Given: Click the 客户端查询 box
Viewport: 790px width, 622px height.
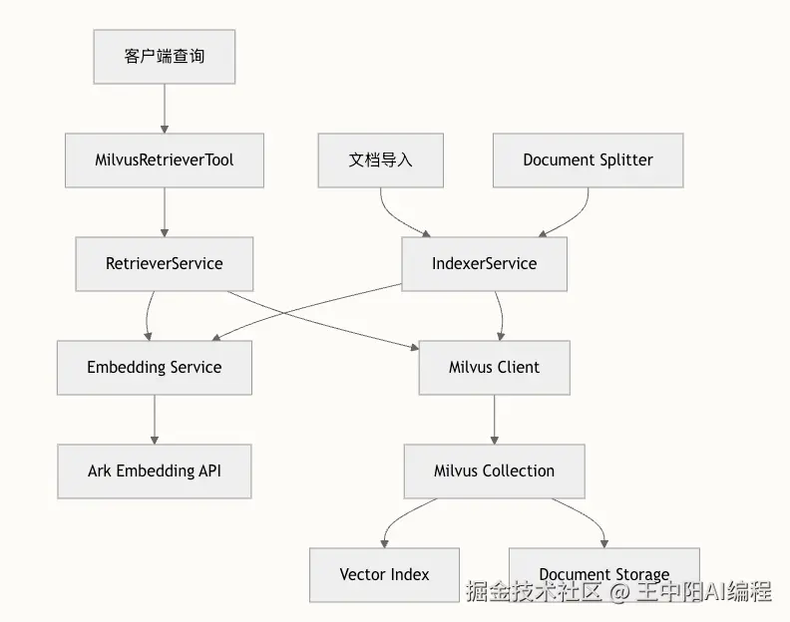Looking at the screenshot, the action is [x=165, y=57].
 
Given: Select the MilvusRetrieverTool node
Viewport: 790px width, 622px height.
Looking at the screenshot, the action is [x=165, y=160].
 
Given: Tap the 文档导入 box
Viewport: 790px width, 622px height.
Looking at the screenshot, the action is [x=380, y=160].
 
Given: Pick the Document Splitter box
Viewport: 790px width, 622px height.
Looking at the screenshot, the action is [x=588, y=160].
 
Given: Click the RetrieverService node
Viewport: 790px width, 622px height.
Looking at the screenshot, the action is [x=165, y=264].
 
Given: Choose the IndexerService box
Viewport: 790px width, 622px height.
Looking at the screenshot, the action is [x=484, y=264].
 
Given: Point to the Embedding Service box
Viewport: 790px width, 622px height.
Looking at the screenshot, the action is [x=155, y=368].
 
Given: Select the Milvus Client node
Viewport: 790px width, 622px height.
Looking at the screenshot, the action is [x=495, y=368].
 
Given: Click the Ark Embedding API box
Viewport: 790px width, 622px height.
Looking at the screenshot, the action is [x=155, y=471].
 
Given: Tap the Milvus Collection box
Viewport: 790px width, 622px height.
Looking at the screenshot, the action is [x=495, y=471].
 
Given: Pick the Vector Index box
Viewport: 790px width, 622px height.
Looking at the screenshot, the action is [x=384, y=575].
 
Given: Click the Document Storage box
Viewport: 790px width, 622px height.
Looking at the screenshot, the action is [x=604, y=575].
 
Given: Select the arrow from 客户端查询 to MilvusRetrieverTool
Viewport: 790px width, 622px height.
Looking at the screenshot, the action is [x=165, y=109].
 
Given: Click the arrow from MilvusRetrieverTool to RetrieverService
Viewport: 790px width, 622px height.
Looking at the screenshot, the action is [x=165, y=212].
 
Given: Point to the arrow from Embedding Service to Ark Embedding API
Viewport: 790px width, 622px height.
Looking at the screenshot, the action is [x=155, y=420].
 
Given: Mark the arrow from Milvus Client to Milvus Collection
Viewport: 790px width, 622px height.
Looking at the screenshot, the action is [x=495, y=420].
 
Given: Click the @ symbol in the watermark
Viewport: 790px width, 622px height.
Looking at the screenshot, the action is [x=619, y=591].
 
